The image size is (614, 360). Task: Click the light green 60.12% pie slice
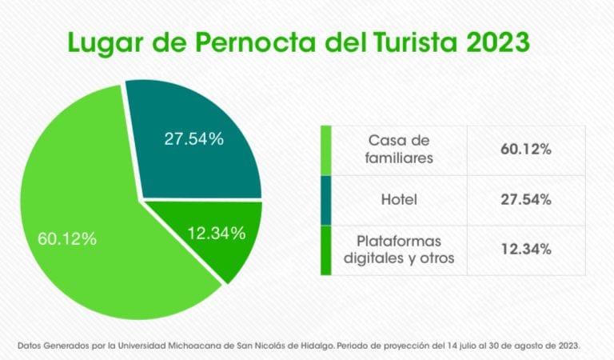(88, 208)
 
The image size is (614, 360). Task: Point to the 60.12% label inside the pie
(67, 238)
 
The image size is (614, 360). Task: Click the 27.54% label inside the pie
(193, 138)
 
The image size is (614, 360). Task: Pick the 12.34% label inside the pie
(216, 234)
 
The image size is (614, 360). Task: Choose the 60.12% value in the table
(525, 150)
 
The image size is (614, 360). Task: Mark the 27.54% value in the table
(525, 200)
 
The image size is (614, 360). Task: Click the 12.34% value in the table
(525, 250)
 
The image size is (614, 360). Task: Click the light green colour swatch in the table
(325, 150)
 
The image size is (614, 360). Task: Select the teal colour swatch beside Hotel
(325, 200)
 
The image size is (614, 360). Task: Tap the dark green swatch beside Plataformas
(325, 250)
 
